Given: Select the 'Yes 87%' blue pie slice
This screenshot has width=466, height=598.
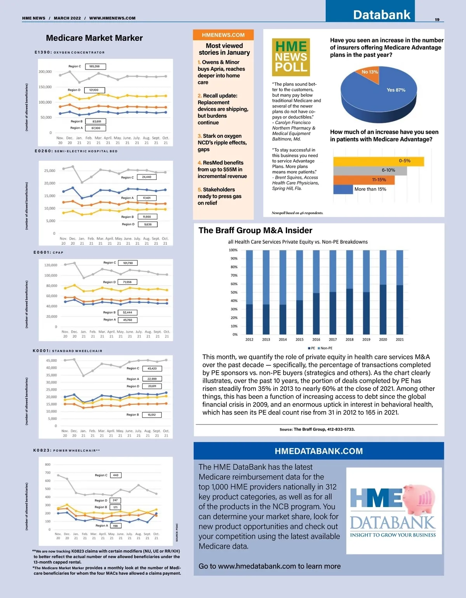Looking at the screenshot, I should [384, 97].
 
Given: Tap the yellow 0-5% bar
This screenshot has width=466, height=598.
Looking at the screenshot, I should [378, 161].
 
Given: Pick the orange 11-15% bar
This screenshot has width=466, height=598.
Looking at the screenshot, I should [364, 180].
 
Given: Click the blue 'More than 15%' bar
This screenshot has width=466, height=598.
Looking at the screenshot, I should [343, 189].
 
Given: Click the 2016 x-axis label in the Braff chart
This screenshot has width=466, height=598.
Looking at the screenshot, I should [316, 340].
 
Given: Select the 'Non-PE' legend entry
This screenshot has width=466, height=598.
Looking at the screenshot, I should [325, 348].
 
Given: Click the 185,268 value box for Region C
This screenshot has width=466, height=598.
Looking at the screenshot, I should [95, 66].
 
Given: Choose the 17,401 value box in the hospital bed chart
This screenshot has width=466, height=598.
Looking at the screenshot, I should [147, 198].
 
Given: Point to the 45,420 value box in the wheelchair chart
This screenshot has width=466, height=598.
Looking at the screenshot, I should [152, 368].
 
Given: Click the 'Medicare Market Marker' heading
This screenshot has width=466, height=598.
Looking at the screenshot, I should [94, 38].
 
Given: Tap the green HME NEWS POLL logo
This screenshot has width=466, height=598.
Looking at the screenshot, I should [291, 57].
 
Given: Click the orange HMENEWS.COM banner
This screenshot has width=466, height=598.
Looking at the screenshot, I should [223, 35].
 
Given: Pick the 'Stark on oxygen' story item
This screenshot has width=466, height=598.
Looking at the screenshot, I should [222, 143].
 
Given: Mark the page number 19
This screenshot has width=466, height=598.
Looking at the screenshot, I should [437, 19].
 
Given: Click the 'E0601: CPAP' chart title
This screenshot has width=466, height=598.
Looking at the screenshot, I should [49, 253].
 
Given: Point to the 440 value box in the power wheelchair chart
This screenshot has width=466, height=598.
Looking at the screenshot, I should [116, 475].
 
